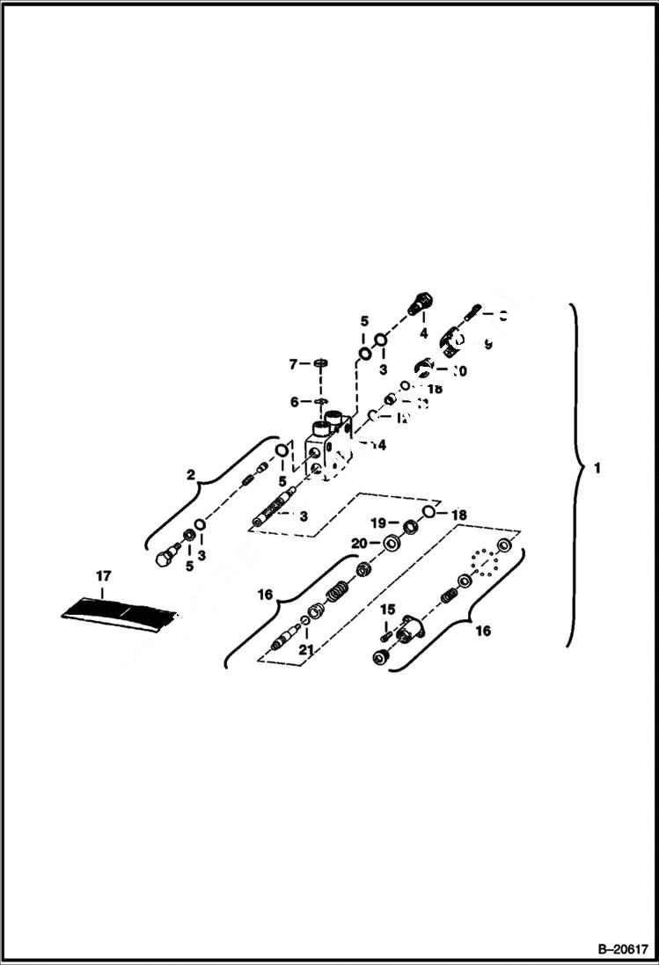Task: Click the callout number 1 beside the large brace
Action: pyautogui.click(x=597, y=469)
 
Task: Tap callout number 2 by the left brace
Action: pyautogui.click(x=191, y=474)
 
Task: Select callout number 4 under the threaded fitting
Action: pyautogui.click(x=423, y=334)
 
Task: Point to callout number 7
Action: pyautogui.click(x=295, y=363)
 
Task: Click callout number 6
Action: pyautogui.click(x=295, y=402)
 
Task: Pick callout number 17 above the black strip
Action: pyautogui.click(x=103, y=576)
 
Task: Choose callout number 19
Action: pyautogui.click(x=377, y=523)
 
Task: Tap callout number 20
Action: pyautogui.click(x=359, y=544)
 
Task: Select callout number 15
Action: pyautogui.click(x=386, y=610)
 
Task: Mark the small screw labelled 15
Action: pyautogui.click(x=385, y=630)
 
